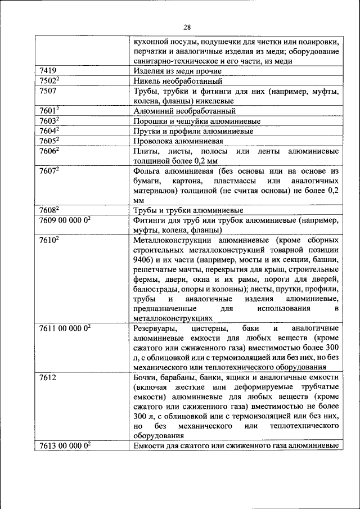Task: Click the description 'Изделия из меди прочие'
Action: click(177, 71)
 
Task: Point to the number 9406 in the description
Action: click(143, 260)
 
